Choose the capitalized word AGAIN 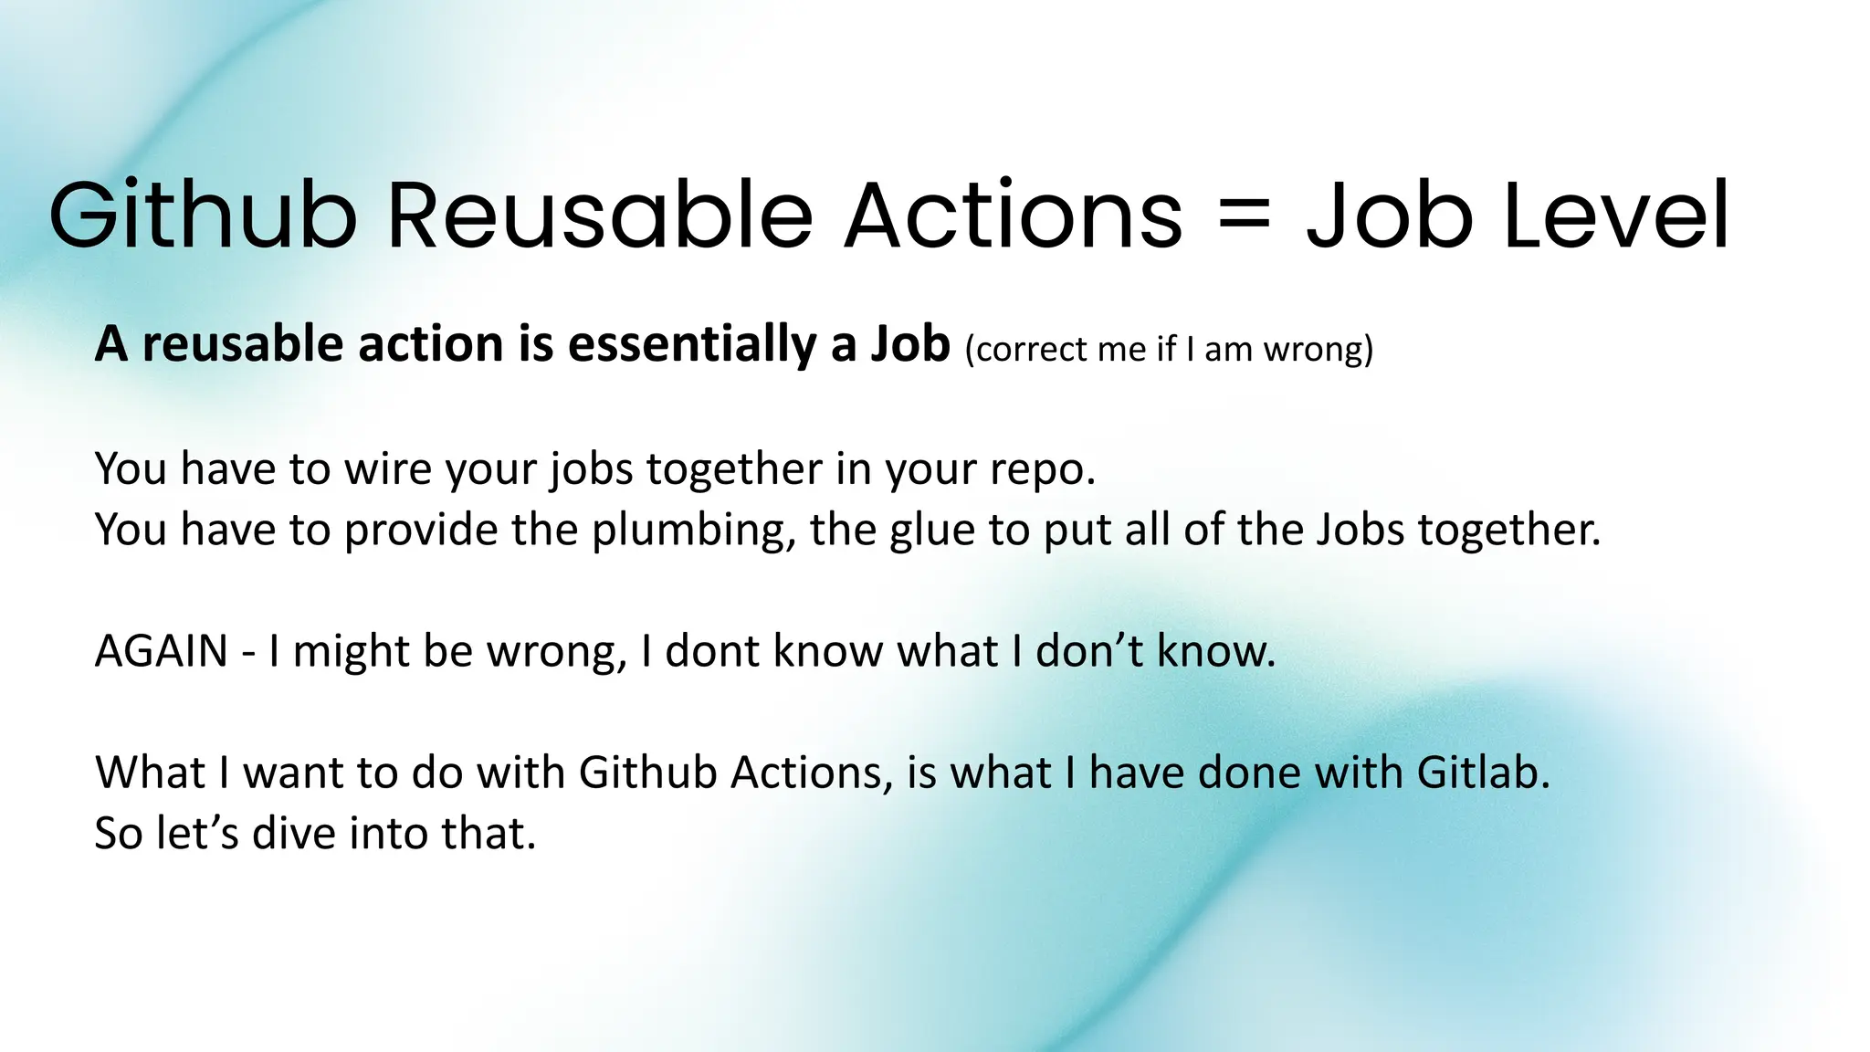[x=161, y=651]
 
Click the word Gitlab [x=1483, y=773]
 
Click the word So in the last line [x=119, y=833]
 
